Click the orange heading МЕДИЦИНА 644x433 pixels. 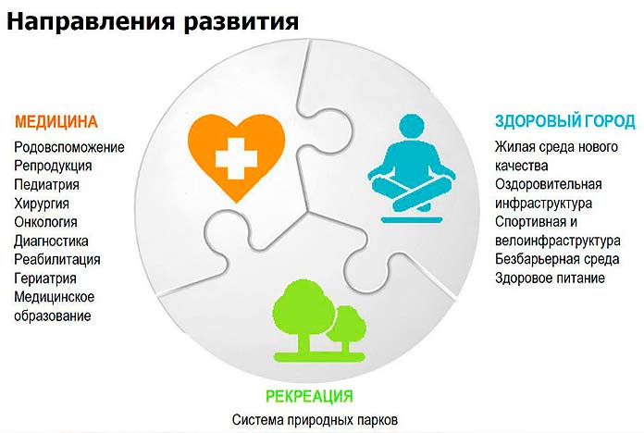[x=56, y=122]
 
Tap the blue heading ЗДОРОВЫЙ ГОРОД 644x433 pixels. [x=564, y=121]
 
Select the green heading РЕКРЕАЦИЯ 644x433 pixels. [x=309, y=396]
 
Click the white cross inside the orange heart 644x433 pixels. [x=236, y=158]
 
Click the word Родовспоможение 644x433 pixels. [x=69, y=147]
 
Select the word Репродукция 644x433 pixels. [x=53, y=166]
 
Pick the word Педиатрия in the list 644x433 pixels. [x=47, y=185]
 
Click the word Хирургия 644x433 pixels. [x=42, y=204]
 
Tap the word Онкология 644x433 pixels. [x=45, y=222]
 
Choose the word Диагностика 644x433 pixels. [x=51, y=241]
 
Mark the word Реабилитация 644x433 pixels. [x=57, y=260]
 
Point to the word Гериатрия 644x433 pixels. [x=45, y=278]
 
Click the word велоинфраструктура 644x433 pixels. [x=557, y=241]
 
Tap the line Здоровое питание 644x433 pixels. [x=550, y=278]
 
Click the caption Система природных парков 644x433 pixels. [x=315, y=420]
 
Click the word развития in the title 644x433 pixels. [x=241, y=21]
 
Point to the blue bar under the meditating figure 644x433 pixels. [x=412, y=220]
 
